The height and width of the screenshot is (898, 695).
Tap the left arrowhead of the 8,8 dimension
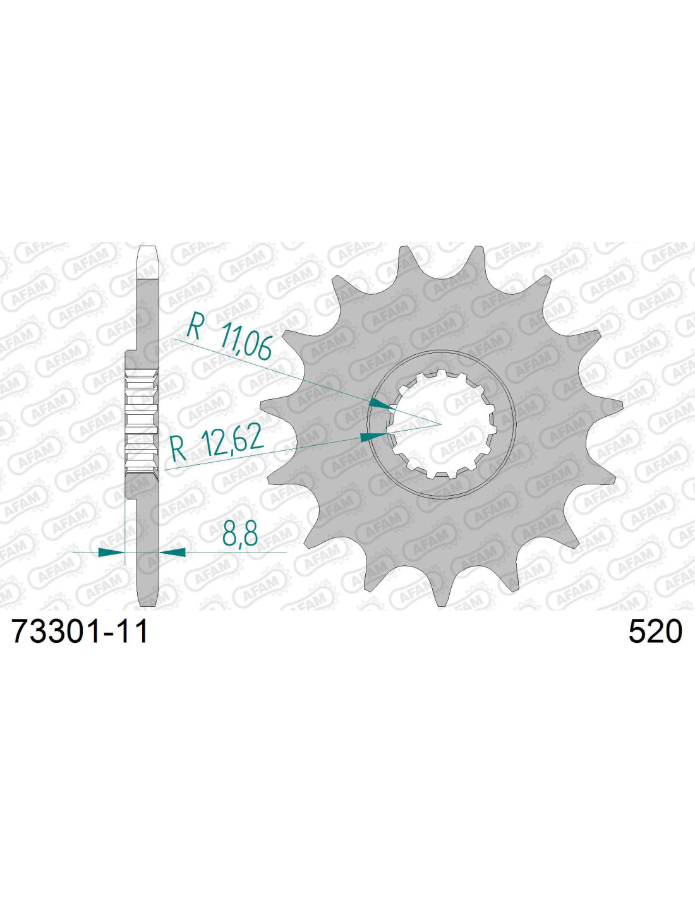click(111, 552)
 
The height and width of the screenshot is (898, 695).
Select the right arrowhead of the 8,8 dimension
click(172, 552)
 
